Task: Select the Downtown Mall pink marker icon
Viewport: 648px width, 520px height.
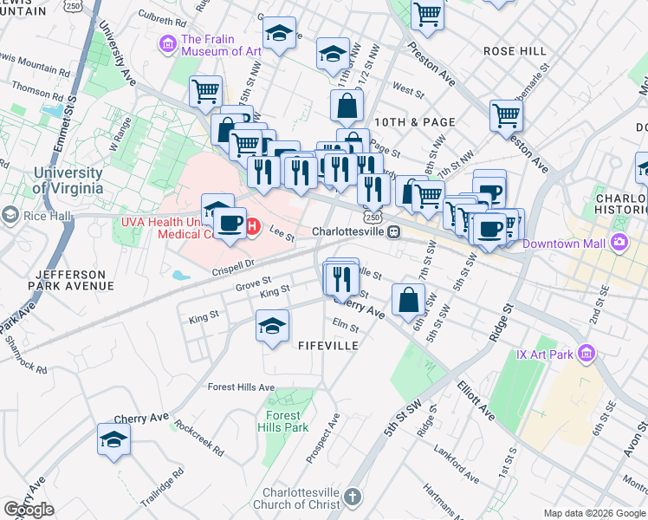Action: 620,242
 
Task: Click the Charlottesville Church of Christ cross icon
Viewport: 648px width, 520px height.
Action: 351,496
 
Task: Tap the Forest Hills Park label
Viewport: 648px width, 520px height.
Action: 282,421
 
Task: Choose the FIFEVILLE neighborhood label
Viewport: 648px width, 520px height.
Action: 327,345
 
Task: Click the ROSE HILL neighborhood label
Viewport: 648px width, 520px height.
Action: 515,51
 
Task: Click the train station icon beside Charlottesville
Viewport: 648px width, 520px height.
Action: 393,232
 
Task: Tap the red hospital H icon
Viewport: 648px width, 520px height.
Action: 252,227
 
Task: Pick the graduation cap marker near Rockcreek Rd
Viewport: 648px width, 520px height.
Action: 113,439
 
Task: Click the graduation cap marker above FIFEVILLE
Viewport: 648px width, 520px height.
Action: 272,327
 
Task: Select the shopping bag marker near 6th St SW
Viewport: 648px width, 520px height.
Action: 408,300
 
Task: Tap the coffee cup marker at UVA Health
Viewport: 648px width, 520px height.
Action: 230,223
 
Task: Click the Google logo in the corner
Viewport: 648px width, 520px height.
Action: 29,510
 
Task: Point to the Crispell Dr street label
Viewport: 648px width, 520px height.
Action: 231,265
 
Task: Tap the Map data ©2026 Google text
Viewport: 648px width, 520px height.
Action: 594,513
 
